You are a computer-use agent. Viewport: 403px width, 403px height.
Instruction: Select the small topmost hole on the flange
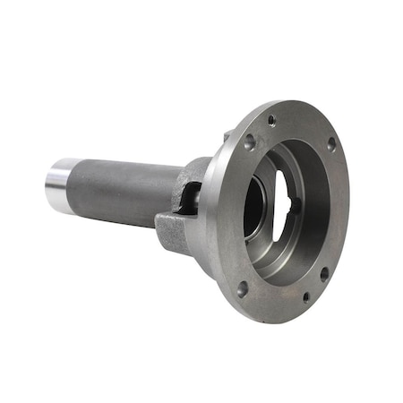(271, 120)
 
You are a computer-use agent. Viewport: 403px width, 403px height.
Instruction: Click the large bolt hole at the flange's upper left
(249, 141)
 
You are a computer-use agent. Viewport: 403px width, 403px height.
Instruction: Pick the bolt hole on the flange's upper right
(330, 143)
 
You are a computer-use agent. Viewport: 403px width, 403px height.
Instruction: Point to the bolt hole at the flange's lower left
(242, 288)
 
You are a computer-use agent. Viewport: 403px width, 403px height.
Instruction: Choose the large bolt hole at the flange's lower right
(324, 274)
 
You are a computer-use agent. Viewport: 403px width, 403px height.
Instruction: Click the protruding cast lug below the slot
(173, 231)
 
